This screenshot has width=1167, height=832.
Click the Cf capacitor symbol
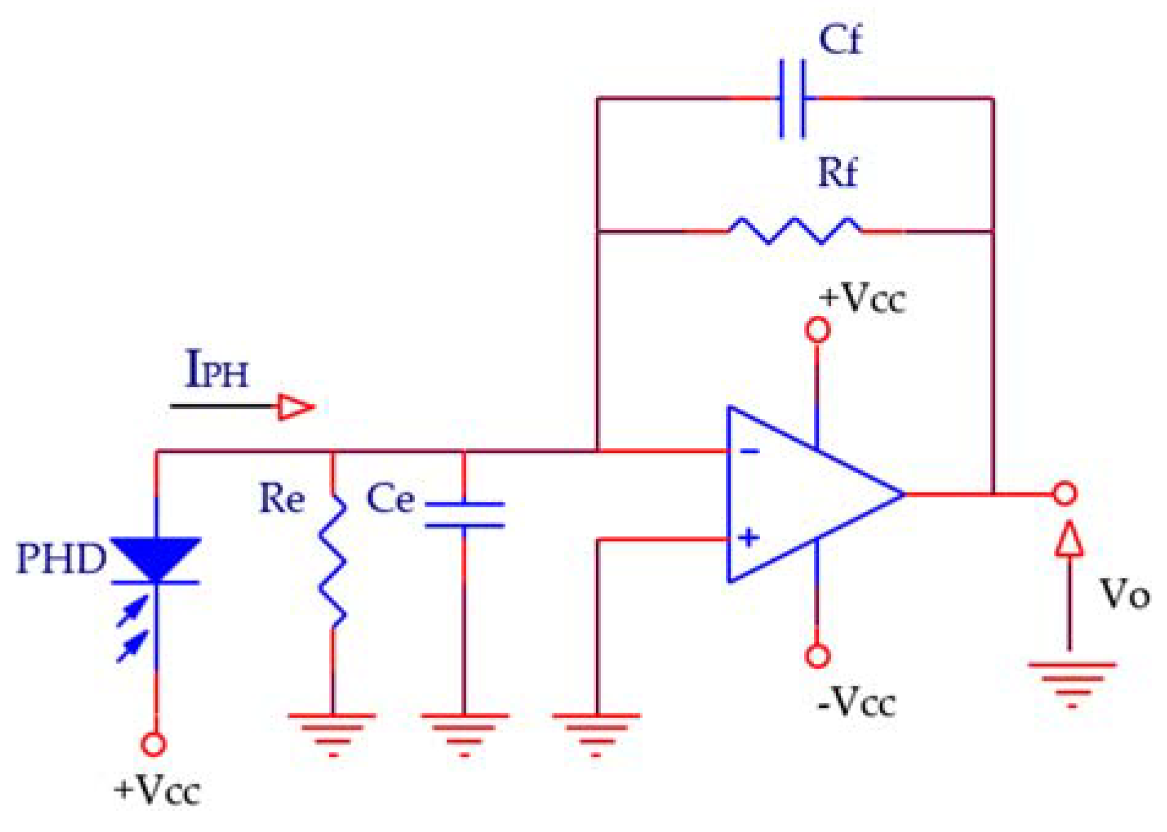(792, 99)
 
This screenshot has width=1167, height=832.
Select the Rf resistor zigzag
(794, 231)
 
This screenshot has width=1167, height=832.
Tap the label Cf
(839, 40)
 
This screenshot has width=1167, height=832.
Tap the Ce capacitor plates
(464, 515)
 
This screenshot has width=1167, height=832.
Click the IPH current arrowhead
(296, 407)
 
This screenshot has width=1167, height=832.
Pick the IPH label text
(217, 370)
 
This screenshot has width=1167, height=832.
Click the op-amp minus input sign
(749, 452)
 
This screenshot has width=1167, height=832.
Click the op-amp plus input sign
(748, 538)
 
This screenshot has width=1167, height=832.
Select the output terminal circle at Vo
(1064, 493)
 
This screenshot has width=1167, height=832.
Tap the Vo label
(1124, 594)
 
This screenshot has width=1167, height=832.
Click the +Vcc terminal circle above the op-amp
(817, 330)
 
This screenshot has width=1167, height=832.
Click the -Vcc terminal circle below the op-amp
(817, 656)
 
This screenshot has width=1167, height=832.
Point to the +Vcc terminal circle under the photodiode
(154, 744)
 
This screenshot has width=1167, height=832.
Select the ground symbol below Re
(332, 732)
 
